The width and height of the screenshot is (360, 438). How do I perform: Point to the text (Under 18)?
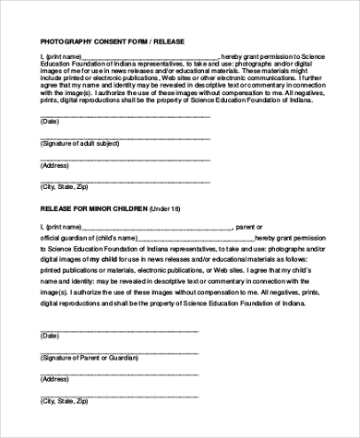(x=170, y=208)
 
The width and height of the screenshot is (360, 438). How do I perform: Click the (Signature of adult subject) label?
(x=79, y=143)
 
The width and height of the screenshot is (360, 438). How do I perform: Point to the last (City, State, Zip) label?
(x=66, y=400)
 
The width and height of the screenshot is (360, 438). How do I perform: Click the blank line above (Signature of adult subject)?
(x=125, y=136)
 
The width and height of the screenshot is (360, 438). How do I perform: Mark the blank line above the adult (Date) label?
(x=125, y=115)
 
